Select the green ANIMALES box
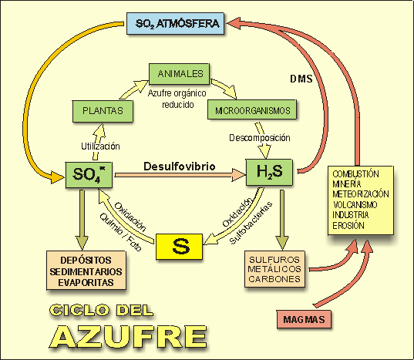(x=180, y=74)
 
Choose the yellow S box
(x=179, y=246)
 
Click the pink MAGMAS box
(x=302, y=318)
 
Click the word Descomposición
(x=259, y=138)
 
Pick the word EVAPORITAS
(x=85, y=283)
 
